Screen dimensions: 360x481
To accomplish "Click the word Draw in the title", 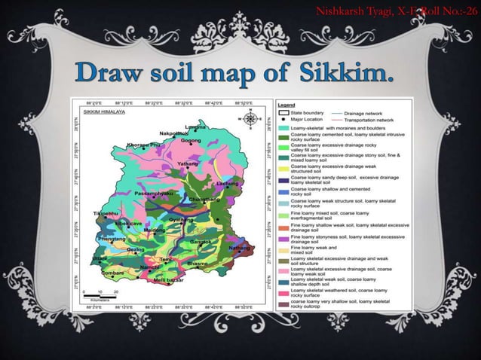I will [120, 76].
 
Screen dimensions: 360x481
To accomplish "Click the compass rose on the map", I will [251, 119].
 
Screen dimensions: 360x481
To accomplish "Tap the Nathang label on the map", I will [239, 247].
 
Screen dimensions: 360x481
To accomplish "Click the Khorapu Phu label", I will [144, 144].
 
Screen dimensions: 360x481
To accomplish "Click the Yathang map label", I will [188, 163].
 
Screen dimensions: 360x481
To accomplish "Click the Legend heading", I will [288, 104].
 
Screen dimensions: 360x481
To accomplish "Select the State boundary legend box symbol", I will [287, 112].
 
